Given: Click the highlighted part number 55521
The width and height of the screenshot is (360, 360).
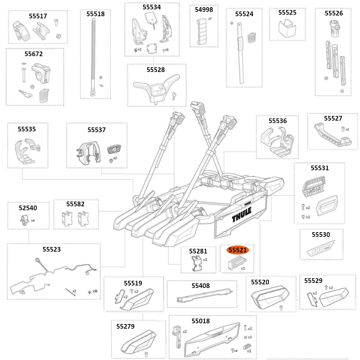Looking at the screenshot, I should coord(240,250).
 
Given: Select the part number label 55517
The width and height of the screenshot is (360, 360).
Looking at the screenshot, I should coord(38,16).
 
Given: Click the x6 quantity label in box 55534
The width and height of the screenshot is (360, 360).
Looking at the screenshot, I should coord(166,50).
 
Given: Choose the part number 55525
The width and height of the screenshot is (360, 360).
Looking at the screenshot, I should coord(287,13).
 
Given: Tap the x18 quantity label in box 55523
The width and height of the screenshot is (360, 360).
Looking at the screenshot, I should coord(95,291).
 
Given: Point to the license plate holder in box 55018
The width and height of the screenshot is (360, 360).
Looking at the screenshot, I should coord(212,340).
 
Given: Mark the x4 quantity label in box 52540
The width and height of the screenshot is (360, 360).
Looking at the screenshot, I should coord(33,220).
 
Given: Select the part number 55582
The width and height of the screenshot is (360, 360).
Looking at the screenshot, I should coord(76,204).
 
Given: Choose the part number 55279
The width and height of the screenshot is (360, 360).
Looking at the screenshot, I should coord(125,327).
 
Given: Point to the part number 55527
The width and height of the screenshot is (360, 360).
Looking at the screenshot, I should coord(333,118).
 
